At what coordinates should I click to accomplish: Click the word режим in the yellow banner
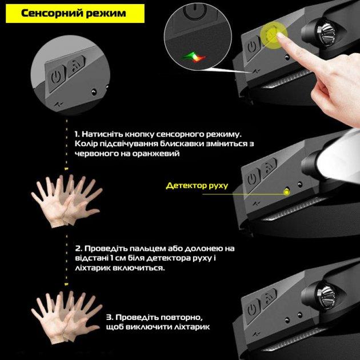click(106, 14)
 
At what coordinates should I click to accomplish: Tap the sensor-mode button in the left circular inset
click(75, 66)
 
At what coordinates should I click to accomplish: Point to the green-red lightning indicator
click(194, 57)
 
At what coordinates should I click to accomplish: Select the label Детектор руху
click(197, 185)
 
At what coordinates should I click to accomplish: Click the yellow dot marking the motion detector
click(286, 191)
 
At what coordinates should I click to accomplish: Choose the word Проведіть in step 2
click(106, 249)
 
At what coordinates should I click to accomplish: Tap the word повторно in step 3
click(182, 318)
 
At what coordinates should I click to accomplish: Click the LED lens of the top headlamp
click(326, 34)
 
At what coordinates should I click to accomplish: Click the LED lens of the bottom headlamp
click(326, 295)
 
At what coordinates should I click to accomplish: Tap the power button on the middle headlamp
click(253, 179)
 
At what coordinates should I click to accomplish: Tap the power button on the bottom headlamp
click(253, 310)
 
